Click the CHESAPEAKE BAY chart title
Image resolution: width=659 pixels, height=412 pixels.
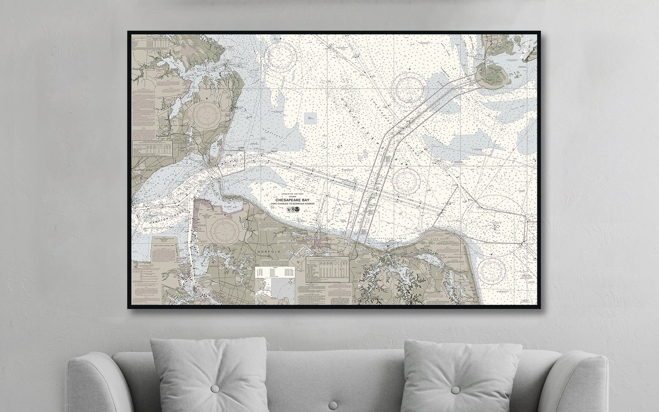click(290, 199)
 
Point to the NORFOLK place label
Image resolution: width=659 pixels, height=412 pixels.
click(268, 251)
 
